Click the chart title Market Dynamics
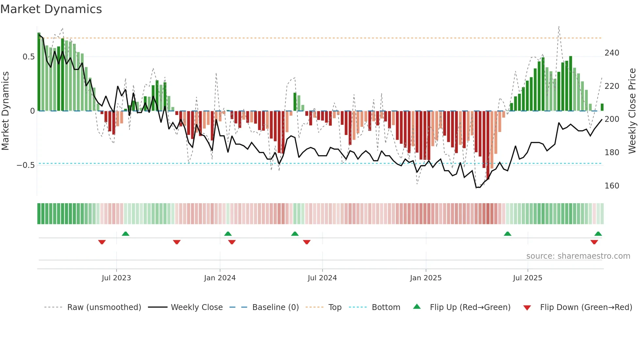point(51,9)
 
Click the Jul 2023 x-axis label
point(116,278)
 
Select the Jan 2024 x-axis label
point(220,278)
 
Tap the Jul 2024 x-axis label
point(322,278)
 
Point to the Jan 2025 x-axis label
point(426,278)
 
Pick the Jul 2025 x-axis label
point(528,278)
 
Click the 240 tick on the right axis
point(612,53)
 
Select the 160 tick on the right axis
point(612,186)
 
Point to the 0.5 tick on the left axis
point(28,57)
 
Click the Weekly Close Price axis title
point(632,111)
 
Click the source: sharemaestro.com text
point(578,256)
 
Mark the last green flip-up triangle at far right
point(598,234)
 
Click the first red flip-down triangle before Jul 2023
point(102,242)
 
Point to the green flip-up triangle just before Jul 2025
point(507,234)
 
